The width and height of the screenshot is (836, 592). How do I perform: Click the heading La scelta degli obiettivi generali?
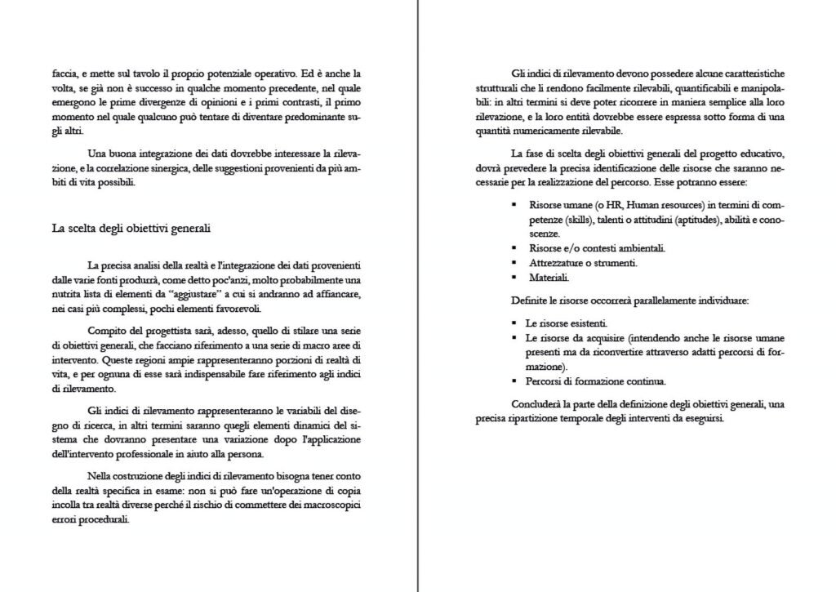click(x=131, y=229)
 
